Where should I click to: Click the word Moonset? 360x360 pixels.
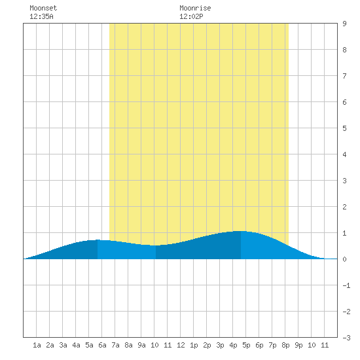[x=43, y=8]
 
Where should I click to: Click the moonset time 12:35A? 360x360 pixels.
[x=41, y=16]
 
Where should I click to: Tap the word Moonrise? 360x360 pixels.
[x=195, y=8]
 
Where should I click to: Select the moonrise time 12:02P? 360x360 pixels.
[x=191, y=16]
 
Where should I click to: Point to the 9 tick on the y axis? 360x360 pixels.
[x=344, y=24]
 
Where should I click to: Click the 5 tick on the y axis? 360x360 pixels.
[x=344, y=128]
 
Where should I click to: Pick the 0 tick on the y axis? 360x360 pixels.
[x=344, y=259]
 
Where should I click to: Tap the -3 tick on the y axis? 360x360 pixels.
[x=346, y=338]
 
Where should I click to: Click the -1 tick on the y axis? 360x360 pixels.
[x=346, y=285]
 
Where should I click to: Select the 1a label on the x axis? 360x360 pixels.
[x=37, y=345]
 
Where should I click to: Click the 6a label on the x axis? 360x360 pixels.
[x=102, y=345]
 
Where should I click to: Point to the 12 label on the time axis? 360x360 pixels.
[x=181, y=345]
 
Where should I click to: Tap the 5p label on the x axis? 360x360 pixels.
[x=246, y=345]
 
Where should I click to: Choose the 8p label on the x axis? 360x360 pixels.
[x=285, y=345]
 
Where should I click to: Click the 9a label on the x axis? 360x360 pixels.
[x=141, y=345]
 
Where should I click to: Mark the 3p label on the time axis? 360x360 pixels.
[x=220, y=345]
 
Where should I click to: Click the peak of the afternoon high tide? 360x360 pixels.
[x=241, y=231]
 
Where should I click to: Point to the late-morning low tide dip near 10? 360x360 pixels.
[x=155, y=245]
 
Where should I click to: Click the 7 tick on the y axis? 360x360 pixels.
[x=344, y=76]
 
